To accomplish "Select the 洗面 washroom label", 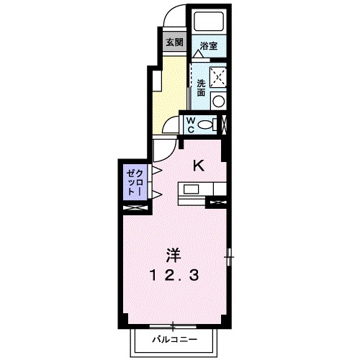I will click(201, 88).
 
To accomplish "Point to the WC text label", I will click(192, 125).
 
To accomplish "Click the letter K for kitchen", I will click(199, 165).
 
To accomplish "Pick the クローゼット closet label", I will click(135, 183).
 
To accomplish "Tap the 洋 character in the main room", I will click(174, 254).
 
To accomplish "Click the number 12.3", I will click(174, 274).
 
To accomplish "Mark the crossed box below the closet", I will click(135, 207).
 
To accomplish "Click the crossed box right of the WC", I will click(225, 124).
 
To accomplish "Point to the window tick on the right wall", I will click(229, 253).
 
